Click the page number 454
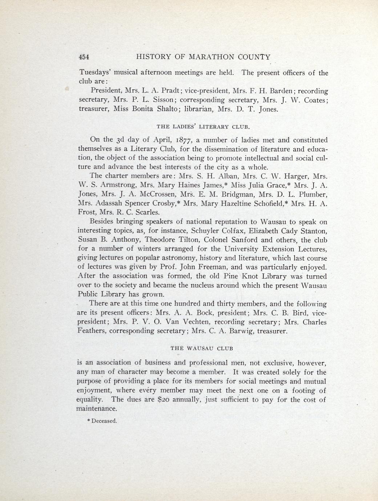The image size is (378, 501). pos(84,57)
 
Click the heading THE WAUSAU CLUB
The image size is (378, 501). pos(202,348)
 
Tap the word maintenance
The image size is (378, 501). pos(97,409)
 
